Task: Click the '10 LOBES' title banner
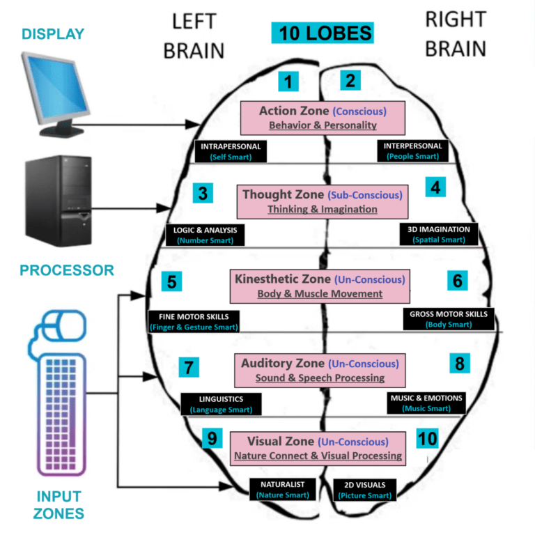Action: [x=323, y=33]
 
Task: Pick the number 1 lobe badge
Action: [x=288, y=82]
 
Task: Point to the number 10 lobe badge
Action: [x=427, y=437]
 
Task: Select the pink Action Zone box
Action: [x=323, y=118]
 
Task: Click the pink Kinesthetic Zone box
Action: [x=320, y=286]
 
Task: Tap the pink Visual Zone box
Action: [x=318, y=449]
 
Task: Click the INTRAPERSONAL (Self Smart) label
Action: [x=231, y=152]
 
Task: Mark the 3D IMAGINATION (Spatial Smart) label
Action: [x=439, y=234]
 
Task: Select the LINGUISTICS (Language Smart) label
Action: [x=221, y=404]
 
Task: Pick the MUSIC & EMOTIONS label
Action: [x=426, y=403]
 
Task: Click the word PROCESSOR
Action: [x=67, y=270]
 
